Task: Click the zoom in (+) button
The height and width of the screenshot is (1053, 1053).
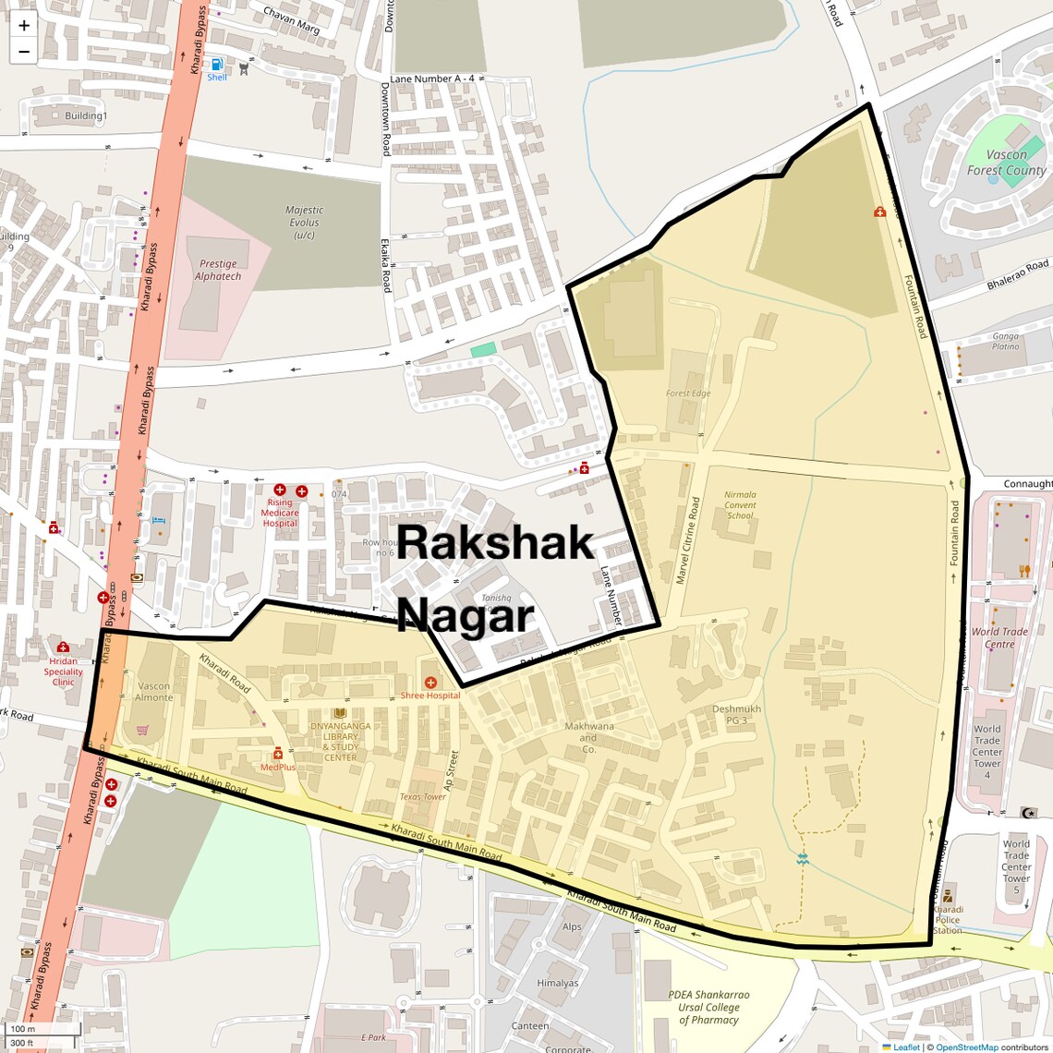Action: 24,26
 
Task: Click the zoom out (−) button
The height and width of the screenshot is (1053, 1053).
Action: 24,52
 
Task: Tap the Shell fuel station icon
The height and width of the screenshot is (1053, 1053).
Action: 217,65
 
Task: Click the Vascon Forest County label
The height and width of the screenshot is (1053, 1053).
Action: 1006,163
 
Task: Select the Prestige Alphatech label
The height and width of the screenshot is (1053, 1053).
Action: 218,270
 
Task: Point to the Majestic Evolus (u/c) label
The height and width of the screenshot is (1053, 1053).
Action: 304,223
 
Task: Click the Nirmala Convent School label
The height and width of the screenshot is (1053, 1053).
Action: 740,505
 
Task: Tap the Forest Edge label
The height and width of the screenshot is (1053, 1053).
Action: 688,393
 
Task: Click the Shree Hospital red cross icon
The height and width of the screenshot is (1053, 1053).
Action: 430,683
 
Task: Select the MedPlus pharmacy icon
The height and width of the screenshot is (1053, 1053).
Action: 278,754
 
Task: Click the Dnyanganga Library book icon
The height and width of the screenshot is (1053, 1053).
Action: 340,713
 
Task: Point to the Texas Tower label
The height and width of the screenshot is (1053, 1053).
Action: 422,797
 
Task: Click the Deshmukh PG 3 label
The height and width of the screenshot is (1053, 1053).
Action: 736,715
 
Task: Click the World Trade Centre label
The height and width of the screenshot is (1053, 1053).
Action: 999,638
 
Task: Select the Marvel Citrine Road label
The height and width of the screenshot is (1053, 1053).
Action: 689,540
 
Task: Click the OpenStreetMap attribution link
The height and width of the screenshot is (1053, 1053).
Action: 966,1047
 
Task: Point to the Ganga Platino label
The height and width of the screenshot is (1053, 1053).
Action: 1006,342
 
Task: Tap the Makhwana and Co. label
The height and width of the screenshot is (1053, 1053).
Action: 588,738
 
